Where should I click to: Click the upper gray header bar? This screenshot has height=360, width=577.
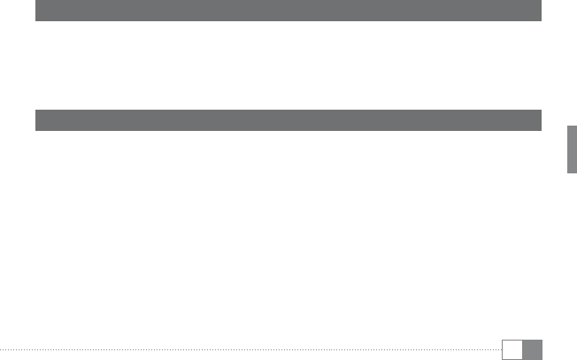click(288, 11)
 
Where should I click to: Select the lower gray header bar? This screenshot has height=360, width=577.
click(288, 120)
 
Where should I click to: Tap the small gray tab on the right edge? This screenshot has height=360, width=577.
click(572, 151)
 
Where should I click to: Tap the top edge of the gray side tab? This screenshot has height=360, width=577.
click(572, 126)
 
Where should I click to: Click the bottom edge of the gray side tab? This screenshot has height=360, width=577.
click(572, 176)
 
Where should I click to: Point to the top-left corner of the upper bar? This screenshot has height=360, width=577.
click(36, 1)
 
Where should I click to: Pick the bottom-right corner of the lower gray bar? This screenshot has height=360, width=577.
click(541, 130)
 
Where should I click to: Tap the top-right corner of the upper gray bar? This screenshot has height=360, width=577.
click(541, 1)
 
